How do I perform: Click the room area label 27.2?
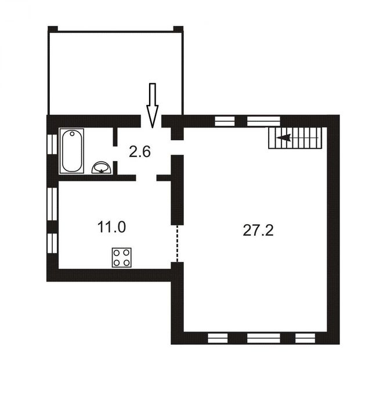[x=258, y=230]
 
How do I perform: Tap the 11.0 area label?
[x=112, y=227]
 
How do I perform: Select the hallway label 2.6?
[x=140, y=152]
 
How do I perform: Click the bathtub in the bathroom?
[x=72, y=151]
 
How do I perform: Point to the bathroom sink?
[x=102, y=167]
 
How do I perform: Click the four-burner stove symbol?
[x=122, y=257]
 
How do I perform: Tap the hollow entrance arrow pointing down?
[x=153, y=105]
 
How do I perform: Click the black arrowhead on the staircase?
[x=283, y=138]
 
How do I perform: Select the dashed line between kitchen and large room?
[x=177, y=243]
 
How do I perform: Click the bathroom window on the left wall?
[x=52, y=144]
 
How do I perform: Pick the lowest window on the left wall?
[x=52, y=243]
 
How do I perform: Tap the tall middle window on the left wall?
[x=52, y=204]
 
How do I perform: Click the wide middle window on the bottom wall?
[x=263, y=338]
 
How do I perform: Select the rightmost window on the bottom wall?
[x=305, y=338]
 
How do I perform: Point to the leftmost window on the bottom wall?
[x=218, y=338]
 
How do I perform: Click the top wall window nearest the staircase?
[x=263, y=121]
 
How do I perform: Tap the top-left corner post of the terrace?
[x=53, y=29]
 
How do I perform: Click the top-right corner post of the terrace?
[x=178, y=29]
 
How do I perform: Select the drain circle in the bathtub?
[x=72, y=133]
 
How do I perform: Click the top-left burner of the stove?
[x=117, y=253]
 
